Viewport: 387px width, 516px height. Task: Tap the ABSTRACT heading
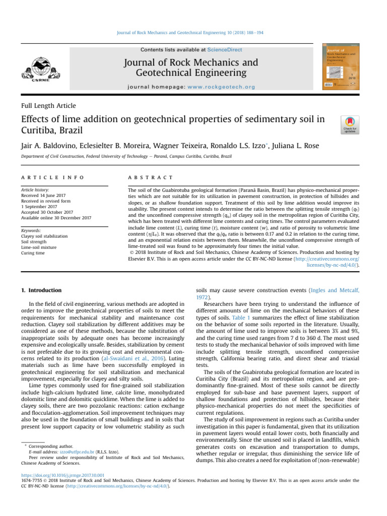coord(151,178)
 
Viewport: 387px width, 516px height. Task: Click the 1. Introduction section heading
coord(41,291)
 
